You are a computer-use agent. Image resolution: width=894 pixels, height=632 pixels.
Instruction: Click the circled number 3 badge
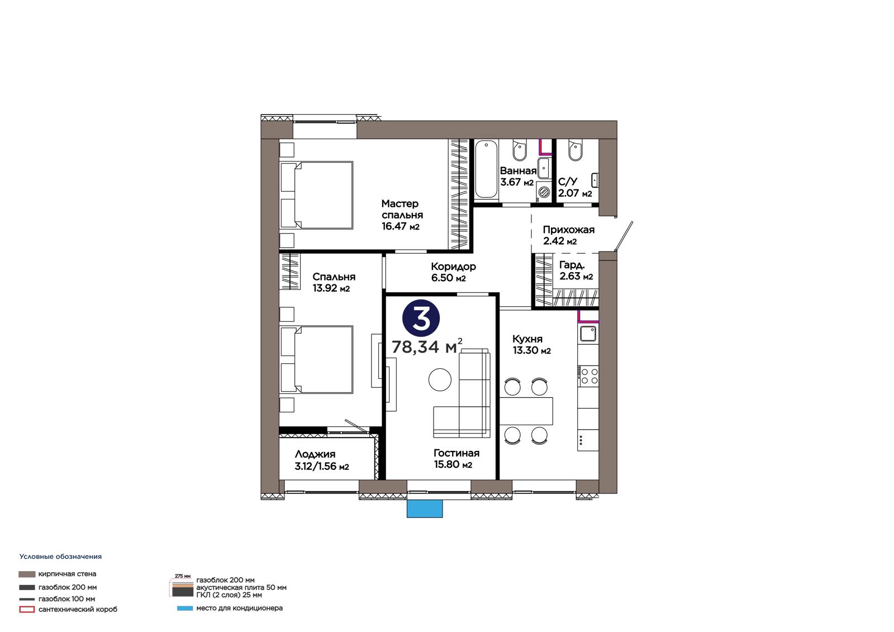tap(421, 318)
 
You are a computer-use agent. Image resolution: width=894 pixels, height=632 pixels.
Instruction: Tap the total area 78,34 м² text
tap(427, 346)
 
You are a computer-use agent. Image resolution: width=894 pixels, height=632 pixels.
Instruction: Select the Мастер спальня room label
tap(402, 209)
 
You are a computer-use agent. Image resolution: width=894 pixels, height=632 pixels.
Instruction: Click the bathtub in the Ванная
tap(486, 169)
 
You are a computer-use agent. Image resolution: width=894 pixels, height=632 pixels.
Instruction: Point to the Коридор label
tap(453, 267)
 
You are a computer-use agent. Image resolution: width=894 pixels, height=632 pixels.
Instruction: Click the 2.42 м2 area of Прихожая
tap(560, 241)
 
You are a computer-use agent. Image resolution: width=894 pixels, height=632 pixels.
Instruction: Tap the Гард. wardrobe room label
tap(572, 265)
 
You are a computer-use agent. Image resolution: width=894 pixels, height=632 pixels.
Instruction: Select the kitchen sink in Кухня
tap(588, 334)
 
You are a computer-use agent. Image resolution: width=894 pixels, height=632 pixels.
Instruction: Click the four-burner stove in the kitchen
tap(588, 376)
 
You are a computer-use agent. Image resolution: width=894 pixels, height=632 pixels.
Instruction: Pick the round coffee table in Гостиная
tap(440, 379)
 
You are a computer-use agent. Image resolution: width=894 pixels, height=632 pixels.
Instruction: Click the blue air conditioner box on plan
tap(425, 509)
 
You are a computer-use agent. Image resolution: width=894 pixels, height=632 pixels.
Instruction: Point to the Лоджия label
tap(315, 454)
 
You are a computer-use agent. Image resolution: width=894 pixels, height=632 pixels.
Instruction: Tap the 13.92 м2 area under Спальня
tap(331, 288)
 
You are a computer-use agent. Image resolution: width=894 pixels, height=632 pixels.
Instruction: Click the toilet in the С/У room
tap(575, 150)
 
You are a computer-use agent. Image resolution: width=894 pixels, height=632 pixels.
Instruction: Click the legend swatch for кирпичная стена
tap(27, 574)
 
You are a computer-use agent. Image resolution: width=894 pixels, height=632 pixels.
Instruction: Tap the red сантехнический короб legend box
tap(27, 609)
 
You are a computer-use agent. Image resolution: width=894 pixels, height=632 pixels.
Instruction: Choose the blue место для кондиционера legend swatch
tap(185, 609)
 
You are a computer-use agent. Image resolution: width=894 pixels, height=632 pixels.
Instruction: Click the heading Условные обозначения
tap(61, 557)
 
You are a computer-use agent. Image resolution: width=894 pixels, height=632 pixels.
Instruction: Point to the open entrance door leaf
tap(624, 236)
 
